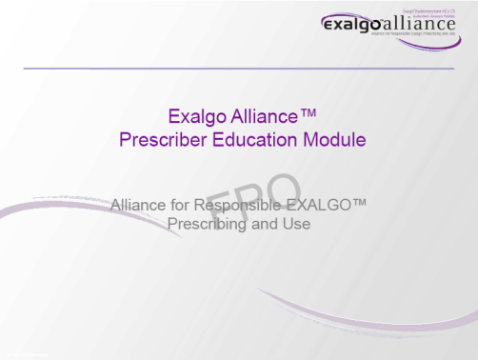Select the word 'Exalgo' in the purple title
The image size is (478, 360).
pyautogui.click(x=193, y=117)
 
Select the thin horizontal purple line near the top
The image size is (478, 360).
pyautogui.click(x=238, y=69)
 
